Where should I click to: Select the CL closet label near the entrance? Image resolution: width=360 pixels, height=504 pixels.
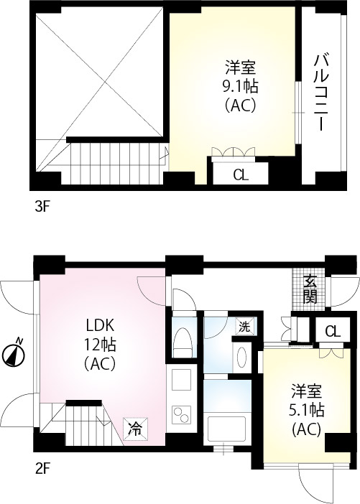tap(332, 331)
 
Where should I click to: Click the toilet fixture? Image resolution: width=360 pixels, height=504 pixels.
tap(182, 340)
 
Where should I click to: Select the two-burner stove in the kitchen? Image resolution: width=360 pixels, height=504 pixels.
tap(180, 415)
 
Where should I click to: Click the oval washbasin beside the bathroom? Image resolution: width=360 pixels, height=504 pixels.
tap(242, 358)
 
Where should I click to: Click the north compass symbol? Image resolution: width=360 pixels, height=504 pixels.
tap(15, 353)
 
